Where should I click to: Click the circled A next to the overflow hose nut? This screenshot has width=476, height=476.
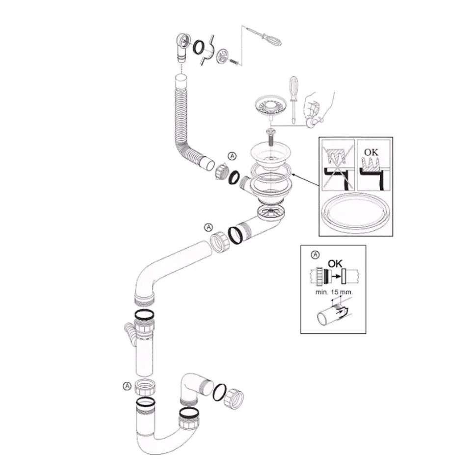233,156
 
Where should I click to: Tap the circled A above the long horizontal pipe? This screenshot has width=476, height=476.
208,227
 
